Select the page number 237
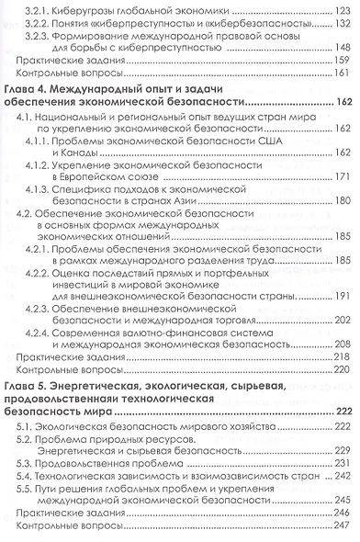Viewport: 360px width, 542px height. [341, 491]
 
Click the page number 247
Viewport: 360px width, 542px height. [342, 533]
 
